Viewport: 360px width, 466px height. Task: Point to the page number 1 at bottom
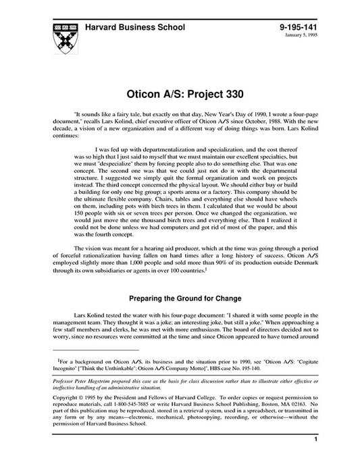316,440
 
